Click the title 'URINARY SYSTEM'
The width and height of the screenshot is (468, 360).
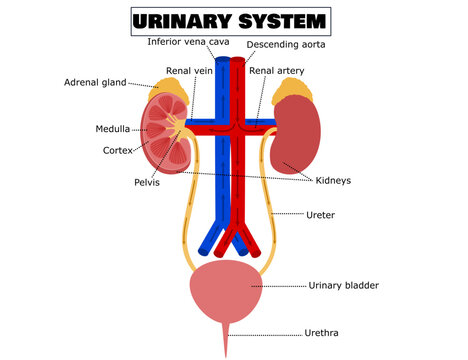click(231, 20)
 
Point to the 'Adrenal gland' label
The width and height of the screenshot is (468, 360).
click(95, 82)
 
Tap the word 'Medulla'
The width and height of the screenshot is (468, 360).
click(111, 130)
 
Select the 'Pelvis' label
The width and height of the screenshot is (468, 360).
click(149, 183)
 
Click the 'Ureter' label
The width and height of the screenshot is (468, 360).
click(320, 214)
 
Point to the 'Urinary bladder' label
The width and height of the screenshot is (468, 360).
click(343, 285)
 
